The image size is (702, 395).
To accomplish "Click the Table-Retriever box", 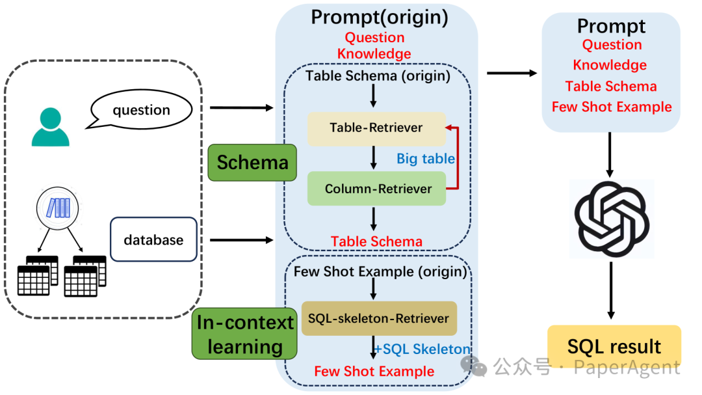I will click(376, 128).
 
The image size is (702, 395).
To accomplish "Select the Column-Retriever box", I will click(376, 189).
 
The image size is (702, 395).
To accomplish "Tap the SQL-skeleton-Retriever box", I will click(379, 318).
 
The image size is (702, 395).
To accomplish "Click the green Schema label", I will click(252, 162).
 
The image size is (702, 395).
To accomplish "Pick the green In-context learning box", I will click(245, 334).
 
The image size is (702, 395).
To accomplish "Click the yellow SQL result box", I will click(614, 346).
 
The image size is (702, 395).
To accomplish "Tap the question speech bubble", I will click(141, 110).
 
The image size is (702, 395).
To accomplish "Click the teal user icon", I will click(50, 127).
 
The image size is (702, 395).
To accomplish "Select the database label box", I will click(153, 239).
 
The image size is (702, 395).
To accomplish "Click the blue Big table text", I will click(426, 159).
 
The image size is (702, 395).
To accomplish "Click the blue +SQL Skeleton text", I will click(422, 349).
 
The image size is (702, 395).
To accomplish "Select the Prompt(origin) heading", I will click(380, 17).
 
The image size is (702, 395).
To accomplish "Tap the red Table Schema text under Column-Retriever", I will click(376, 241).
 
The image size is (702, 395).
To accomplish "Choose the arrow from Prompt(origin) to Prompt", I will click(512, 73).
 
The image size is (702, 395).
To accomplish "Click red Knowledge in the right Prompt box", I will click(610, 65).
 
